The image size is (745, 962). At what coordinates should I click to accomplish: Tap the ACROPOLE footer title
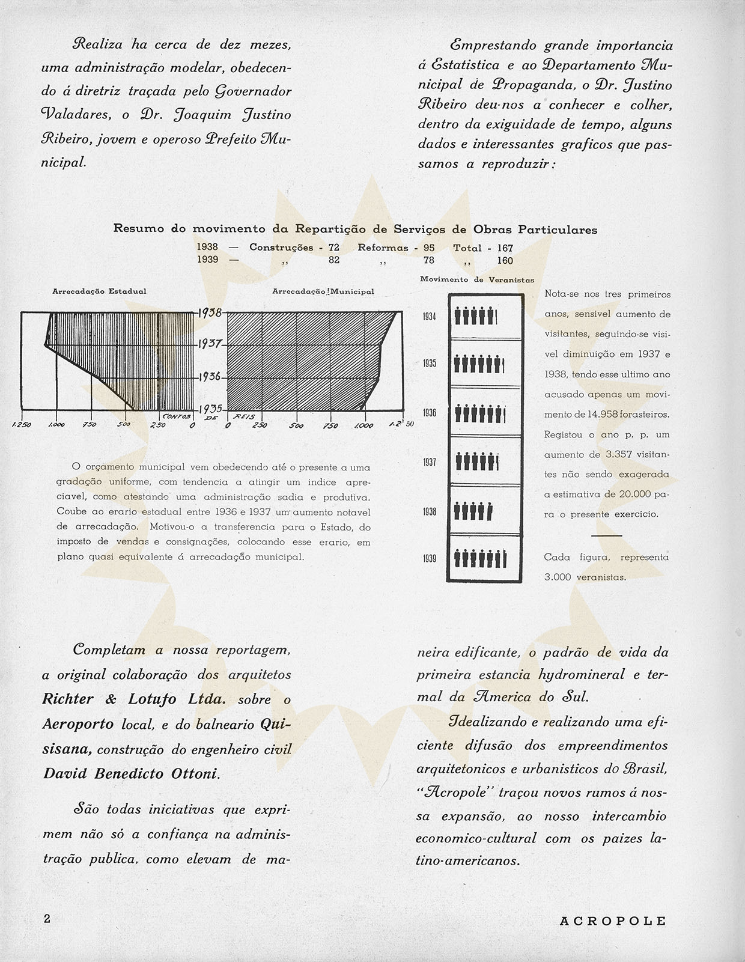[x=613, y=921]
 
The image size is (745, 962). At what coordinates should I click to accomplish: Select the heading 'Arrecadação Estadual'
[x=99, y=291]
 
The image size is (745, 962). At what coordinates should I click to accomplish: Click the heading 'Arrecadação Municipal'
[x=323, y=291]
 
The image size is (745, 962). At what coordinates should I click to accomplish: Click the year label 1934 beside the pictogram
[x=430, y=317]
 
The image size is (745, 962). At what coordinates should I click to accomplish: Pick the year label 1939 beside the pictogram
[x=430, y=559]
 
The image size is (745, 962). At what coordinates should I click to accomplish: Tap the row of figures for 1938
[x=474, y=511]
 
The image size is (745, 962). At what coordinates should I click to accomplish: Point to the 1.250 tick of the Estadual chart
[x=22, y=425]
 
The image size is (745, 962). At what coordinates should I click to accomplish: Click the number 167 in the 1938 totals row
[x=505, y=248]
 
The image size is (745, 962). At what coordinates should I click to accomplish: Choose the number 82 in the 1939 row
[x=334, y=260]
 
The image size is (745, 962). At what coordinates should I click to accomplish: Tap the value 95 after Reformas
[x=428, y=248]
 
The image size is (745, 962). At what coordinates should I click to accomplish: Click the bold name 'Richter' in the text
[x=68, y=699]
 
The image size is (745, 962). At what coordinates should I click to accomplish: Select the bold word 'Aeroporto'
[x=78, y=724]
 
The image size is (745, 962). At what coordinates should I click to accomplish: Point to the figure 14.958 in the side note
[x=603, y=415]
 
